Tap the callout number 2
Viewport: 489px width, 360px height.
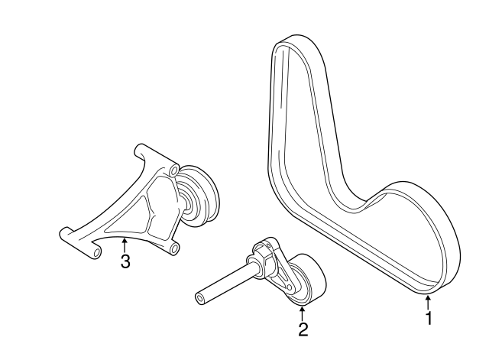click(x=303, y=329)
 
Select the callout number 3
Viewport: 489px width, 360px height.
click(x=125, y=261)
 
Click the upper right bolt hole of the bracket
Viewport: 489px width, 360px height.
click(x=174, y=167)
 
